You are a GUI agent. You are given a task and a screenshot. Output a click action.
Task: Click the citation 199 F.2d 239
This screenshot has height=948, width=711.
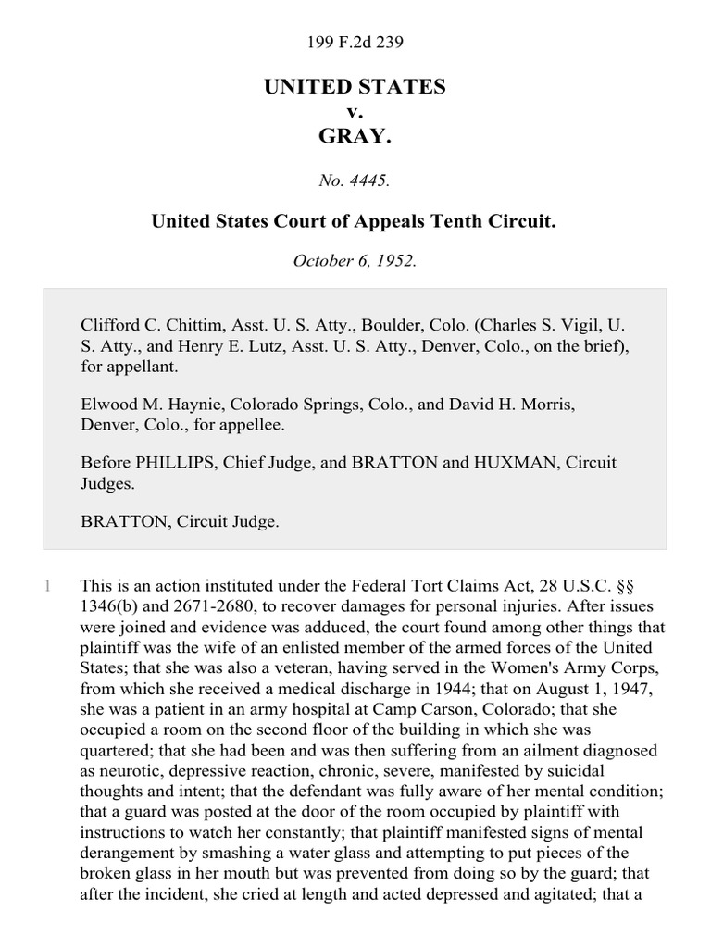[x=355, y=42]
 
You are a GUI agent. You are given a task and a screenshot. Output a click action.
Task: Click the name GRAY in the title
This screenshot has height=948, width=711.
[x=355, y=136]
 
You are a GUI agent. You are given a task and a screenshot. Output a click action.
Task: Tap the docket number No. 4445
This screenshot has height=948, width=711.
[x=355, y=181]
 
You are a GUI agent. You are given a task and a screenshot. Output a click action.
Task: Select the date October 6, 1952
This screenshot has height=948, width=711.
[x=355, y=260]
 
